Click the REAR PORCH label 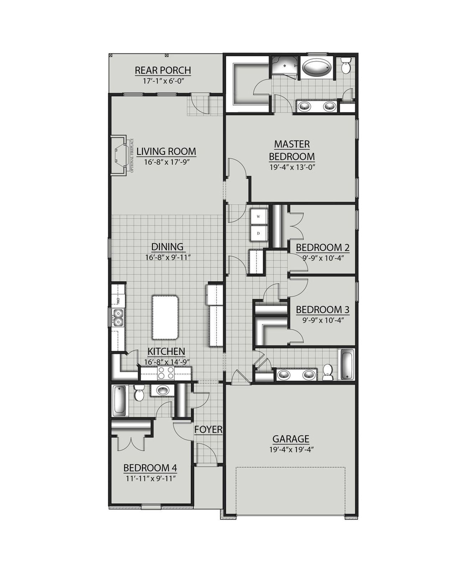(x=163, y=70)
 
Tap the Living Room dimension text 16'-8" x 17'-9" (x=166, y=162)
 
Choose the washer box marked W (x=259, y=216)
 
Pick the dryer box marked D (x=259, y=233)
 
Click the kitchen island (x=165, y=317)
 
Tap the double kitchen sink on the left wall (x=118, y=317)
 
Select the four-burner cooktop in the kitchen (x=166, y=373)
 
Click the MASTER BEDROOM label (x=292, y=150)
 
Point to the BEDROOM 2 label (x=322, y=247)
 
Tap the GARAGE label (x=291, y=439)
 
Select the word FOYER (x=208, y=430)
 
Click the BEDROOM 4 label (x=150, y=468)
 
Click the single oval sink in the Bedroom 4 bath (x=162, y=390)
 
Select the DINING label (x=167, y=247)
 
